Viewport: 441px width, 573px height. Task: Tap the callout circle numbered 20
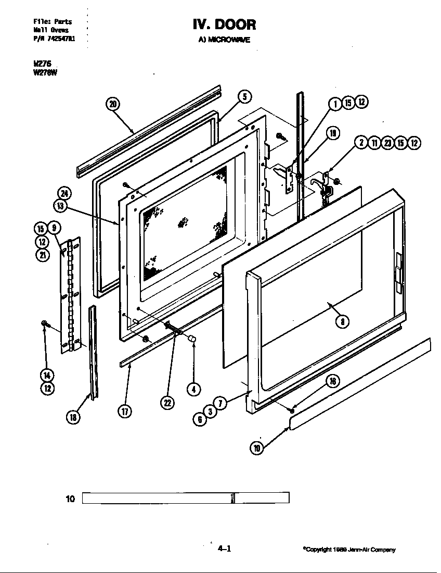tap(112, 104)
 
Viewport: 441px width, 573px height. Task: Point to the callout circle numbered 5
tap(245, 96)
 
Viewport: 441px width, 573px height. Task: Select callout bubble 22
tap(167, 403)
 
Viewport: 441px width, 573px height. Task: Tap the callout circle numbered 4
tap(193, 389)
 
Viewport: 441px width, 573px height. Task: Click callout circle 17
tap(125, 411)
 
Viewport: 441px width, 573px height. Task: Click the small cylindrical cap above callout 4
tap(192, 340)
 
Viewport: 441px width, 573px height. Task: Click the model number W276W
tap(45, 72)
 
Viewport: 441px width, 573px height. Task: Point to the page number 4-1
tap(224, 549)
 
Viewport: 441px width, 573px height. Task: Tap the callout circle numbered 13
tap(61, 206)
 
